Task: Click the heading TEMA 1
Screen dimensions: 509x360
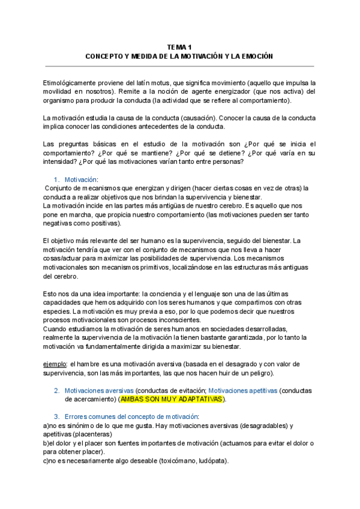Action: tap(179, 47)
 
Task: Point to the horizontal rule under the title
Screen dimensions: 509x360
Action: tap(179, 66)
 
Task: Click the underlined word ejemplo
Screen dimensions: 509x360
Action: tap(55, 364)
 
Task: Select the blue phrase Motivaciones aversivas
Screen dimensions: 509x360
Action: tap(99, 390)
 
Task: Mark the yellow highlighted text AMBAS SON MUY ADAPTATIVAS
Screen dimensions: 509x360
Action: tap(171, 399)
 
